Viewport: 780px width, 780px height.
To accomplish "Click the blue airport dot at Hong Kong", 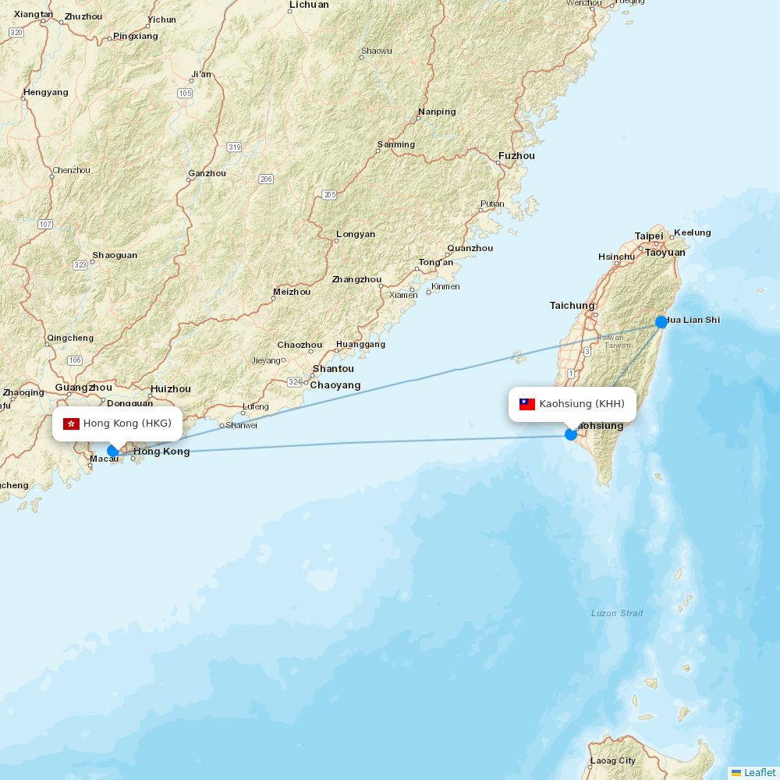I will coord(113,451).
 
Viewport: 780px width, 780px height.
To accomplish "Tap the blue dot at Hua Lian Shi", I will coord(661,322).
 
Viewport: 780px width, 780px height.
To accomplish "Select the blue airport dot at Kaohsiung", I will coord(571,434).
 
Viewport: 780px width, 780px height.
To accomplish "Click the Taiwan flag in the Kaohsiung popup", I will coord(527,404).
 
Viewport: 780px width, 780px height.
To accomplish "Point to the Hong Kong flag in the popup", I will coord(72,424).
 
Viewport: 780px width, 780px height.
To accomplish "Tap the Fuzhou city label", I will coord(516,156).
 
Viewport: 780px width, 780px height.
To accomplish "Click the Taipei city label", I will coord(648,236).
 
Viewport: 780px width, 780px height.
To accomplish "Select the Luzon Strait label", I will coord(617,613).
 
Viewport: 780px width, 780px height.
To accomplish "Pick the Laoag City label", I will coord(612,760).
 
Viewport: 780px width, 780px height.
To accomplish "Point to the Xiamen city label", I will coord(403,295).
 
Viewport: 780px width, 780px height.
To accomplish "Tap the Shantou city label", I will coord(333,369).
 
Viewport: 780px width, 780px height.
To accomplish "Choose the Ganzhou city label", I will coord(207,173).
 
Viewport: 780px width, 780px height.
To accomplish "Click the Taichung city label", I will coord(572,306).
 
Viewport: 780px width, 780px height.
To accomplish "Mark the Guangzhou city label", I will coord(83,388).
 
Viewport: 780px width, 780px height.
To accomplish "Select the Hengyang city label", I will coord(46,92).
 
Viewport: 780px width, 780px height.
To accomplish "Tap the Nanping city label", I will coord(437,112).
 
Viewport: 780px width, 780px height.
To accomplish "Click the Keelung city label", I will coord(692,232).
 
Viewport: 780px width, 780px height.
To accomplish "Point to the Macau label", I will coord(104,459).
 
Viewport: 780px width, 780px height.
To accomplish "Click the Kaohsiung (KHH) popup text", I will coord(582,404).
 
